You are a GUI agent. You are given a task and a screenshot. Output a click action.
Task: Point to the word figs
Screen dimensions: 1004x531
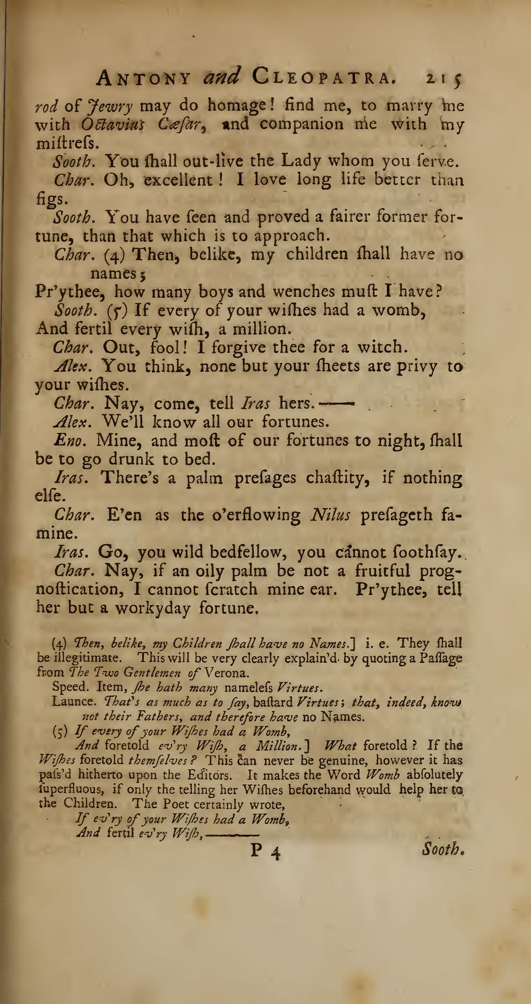click(52, 200)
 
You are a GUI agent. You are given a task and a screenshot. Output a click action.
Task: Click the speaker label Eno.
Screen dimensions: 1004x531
click(69, 441)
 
